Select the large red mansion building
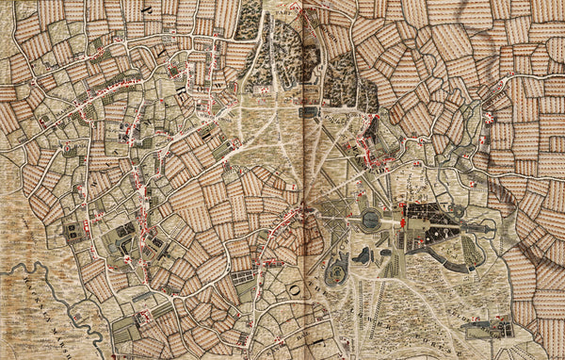(404, 222)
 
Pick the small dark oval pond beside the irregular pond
(384, 253)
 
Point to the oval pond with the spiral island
(336, 274)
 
